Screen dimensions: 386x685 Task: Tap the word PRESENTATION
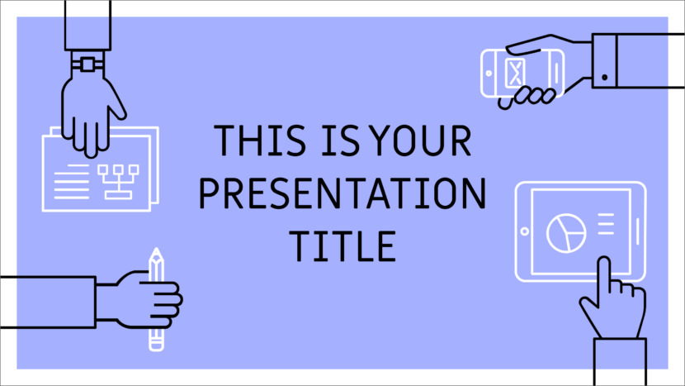[x=343, y=193]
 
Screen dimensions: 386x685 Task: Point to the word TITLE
[x=342, y=245]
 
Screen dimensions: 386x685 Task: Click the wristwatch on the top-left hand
[x=86, y=63]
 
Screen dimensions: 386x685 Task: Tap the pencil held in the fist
[x=156, y=298]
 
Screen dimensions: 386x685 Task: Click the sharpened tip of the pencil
[x=156, y=252]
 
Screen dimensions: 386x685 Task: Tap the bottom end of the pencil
[x=156, y=344]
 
